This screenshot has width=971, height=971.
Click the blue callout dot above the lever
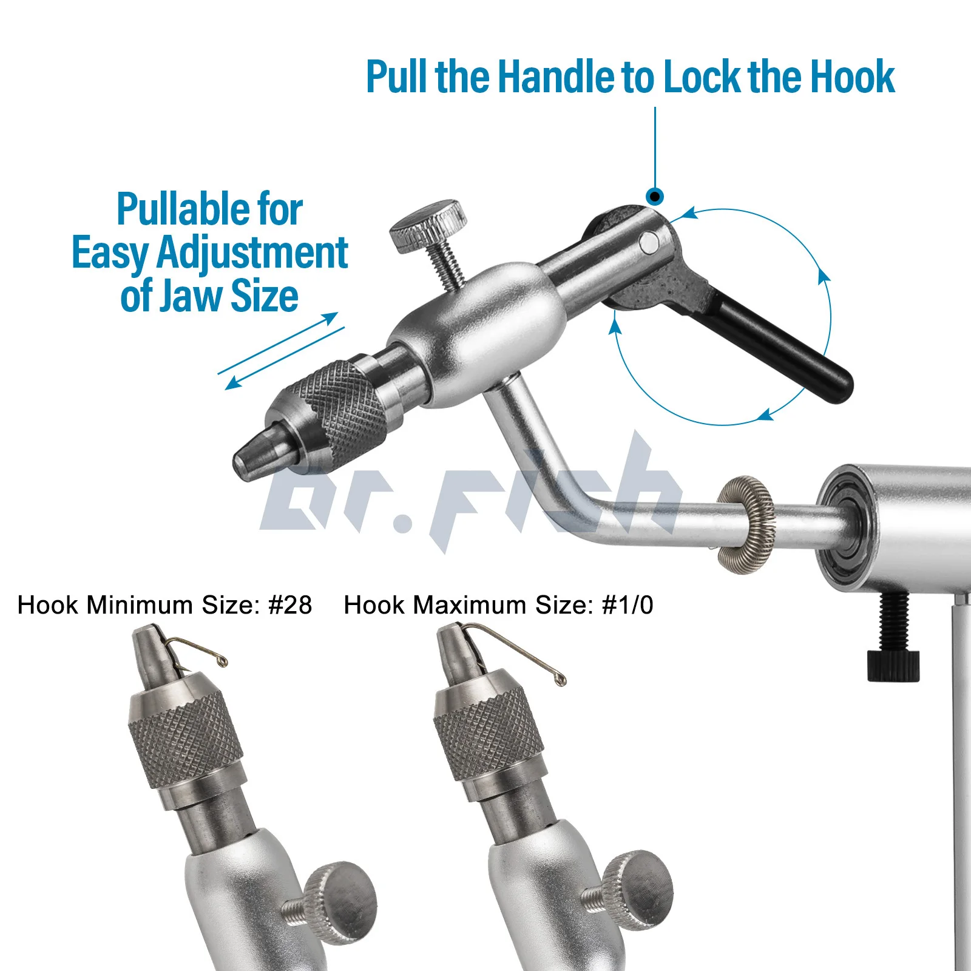[x=655, y=196]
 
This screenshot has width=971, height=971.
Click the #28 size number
[x=290, y=605]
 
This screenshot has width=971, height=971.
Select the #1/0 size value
[x=628, y=605]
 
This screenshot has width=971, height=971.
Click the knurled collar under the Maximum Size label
[x=489, y=737]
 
